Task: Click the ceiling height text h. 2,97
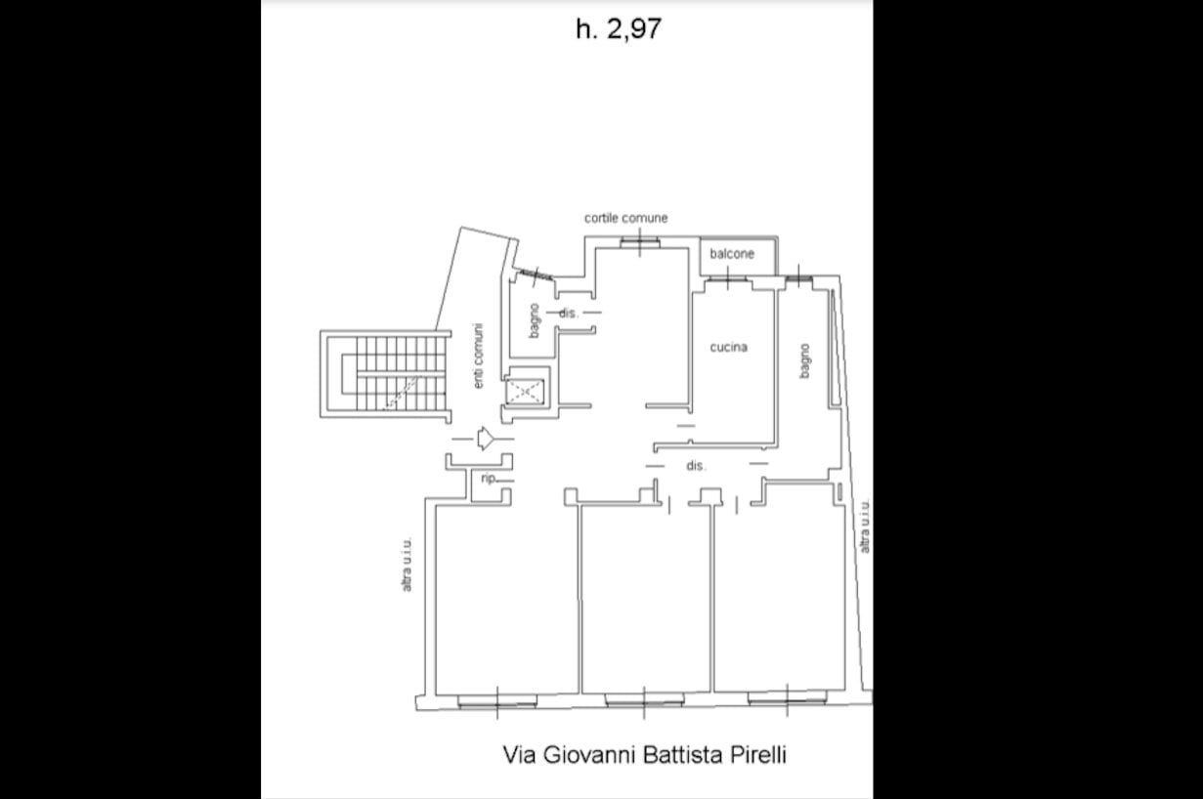point(619,29)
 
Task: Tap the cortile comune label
point(625,218)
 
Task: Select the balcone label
point(732,253)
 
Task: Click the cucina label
point(729,348)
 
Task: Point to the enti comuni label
point(478,356)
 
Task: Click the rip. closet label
point(489,478)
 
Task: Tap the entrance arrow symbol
point(486,439)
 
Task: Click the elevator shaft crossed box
point(525,392)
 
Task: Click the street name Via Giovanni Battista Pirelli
point(644,754)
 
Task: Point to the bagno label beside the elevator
point(534,320)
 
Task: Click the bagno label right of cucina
point(804,360)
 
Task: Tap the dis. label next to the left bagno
point(569,313)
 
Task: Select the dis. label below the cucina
point(696,466)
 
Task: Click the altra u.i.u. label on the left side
point(408,565)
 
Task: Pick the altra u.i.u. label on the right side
point(864,526)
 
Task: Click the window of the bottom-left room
point(497,701)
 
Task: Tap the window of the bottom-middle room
point(644,699)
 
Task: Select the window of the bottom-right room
point(788,698)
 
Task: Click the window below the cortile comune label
point(640,242)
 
